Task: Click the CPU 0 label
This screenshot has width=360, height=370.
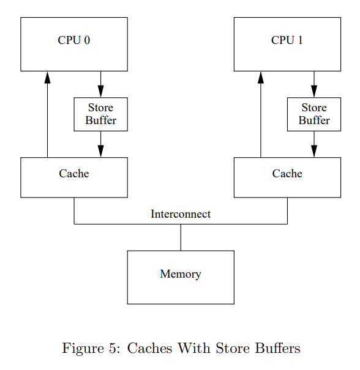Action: (x=74, y=40)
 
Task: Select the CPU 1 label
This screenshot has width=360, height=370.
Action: (x=287, y=40)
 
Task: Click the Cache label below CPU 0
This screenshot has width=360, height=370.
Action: (x=74, y=174)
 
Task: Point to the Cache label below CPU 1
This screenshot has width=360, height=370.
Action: (x=287, y=174)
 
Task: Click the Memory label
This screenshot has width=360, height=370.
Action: (x=181, y=274)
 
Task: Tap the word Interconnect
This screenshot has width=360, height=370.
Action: (x=181, y=214)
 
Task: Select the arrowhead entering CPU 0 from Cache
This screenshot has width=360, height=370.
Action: (x=48, y=78)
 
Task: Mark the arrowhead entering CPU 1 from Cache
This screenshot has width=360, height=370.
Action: (x=261, y=78)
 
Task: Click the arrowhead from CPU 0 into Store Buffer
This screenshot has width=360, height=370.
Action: (x=101, y=91)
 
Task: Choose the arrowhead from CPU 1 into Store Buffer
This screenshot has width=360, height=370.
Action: (x=314, y=91)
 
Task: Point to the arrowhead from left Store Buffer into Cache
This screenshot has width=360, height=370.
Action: (x=101, y=151)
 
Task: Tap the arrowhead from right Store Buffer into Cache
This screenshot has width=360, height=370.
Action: (x=314, y=151)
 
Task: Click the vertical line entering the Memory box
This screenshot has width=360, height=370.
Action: (x=181, y=237)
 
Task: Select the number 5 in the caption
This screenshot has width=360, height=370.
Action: (x=113, y=349)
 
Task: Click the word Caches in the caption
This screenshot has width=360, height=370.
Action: (x=150, y=349)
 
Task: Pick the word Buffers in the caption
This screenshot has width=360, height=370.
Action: (x=277, y=348)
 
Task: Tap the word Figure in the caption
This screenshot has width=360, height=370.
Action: (x=83, y=349)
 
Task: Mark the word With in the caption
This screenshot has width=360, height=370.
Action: (x=194, y=348)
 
